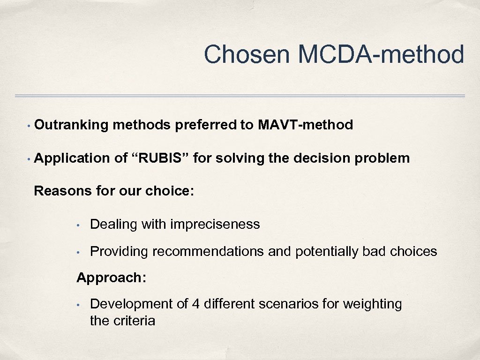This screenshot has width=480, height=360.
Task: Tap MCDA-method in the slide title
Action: click(381, 54)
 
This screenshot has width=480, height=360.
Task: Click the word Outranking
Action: click(71, 125)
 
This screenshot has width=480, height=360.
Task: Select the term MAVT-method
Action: click(305, 125)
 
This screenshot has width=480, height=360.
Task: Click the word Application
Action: click(72, 158)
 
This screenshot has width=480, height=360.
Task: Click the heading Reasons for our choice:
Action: click(114, 191)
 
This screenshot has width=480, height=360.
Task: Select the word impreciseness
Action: click(215, 225)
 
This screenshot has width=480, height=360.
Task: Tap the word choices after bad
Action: click(413, 252)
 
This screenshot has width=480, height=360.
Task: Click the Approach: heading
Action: click(112, 277)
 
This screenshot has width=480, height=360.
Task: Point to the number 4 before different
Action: click(196, 304)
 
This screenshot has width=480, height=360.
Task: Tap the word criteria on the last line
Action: click(134, 321)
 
